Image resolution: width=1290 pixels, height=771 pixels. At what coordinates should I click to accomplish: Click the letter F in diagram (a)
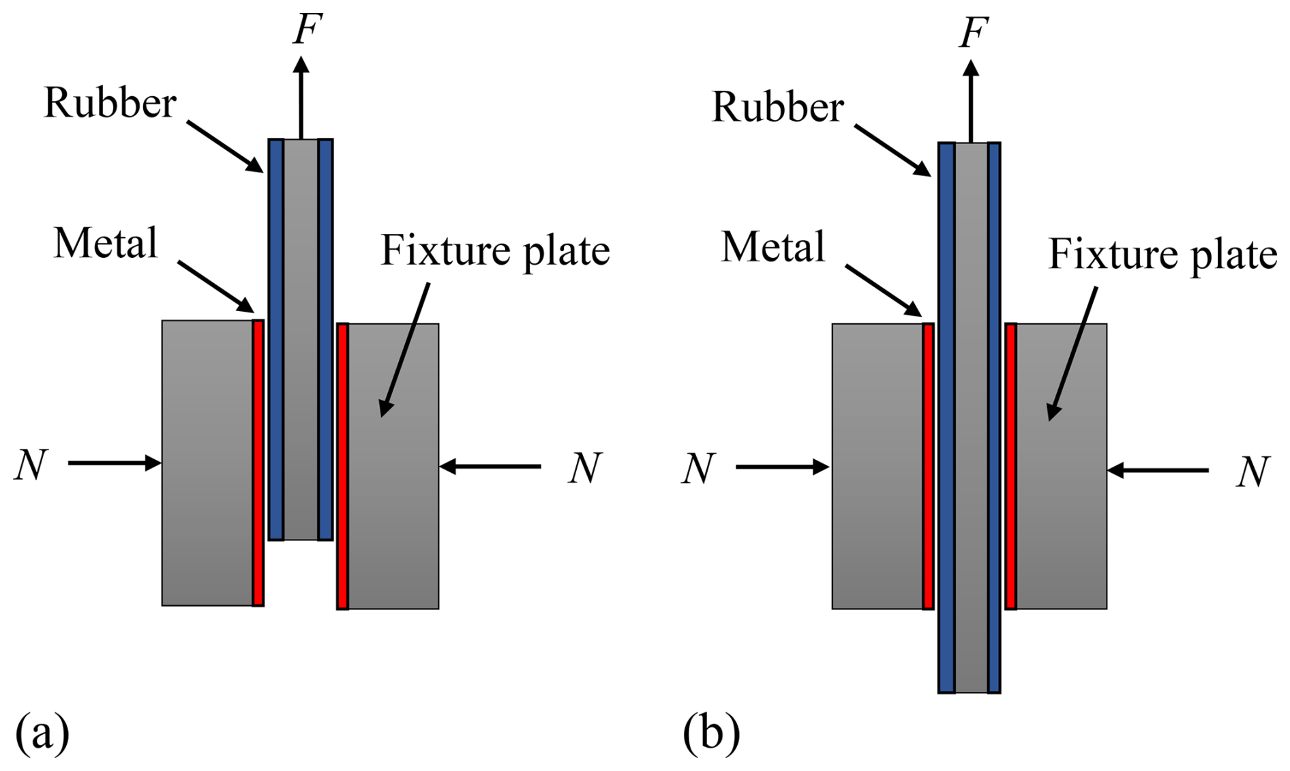[307, 29]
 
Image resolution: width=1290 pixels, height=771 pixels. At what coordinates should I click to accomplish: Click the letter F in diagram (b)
[974, 33]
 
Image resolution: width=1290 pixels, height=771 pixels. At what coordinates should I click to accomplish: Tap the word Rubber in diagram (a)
[110, 104]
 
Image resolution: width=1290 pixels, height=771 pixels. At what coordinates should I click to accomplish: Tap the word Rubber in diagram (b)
[777, 108]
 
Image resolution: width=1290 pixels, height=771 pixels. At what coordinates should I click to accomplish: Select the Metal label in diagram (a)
[106, 244]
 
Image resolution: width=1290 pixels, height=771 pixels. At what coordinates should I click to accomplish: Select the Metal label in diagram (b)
[773, 247]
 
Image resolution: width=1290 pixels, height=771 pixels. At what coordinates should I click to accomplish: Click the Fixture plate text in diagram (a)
[495, 251]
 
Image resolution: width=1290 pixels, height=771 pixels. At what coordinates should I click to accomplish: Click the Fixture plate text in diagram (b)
[1162, 255]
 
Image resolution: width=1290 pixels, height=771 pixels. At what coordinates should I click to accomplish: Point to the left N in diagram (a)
[31, 466]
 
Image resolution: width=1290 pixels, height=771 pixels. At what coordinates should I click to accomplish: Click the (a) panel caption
[42, 734]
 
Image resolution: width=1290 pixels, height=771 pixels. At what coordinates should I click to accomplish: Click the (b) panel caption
[711, 734]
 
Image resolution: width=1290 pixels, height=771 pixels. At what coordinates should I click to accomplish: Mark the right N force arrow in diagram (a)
[490, 467]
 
